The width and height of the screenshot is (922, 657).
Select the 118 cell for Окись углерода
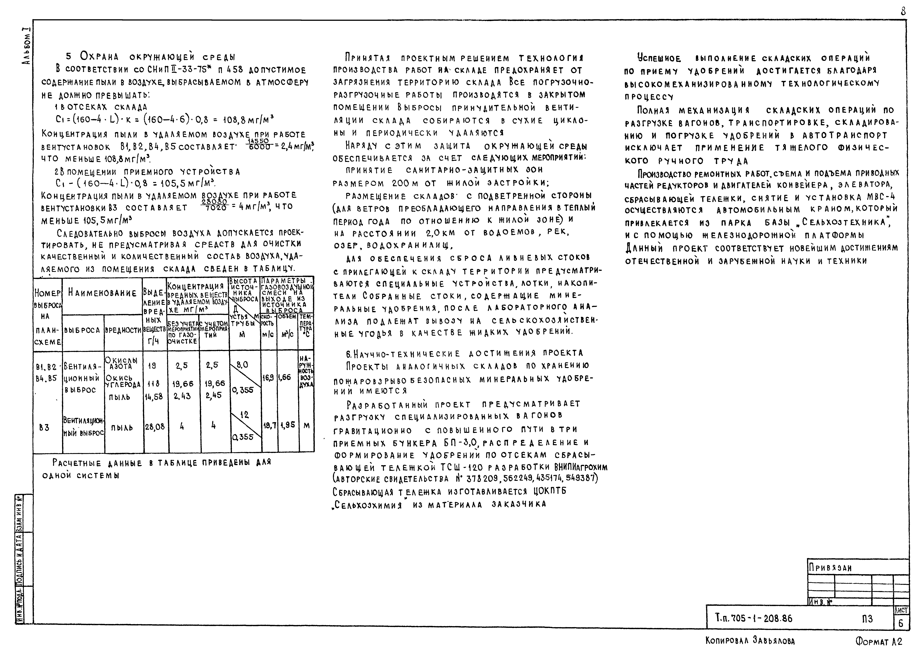tap(154, 383)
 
